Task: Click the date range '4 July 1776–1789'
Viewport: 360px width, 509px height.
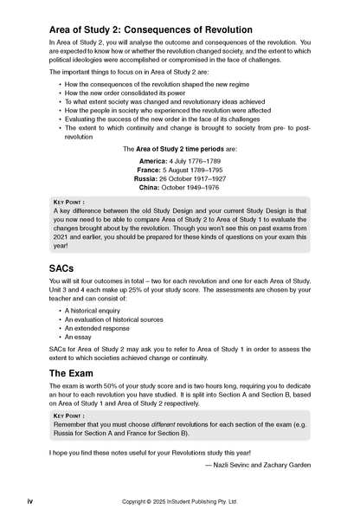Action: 194,160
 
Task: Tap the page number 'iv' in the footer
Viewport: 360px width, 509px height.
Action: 30,500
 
